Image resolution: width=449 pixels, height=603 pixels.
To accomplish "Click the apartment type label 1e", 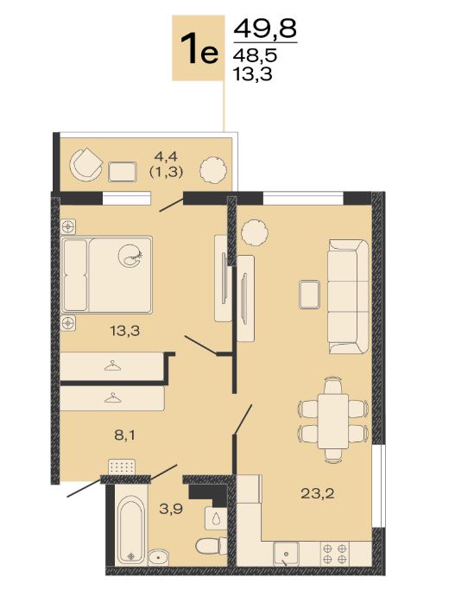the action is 199,49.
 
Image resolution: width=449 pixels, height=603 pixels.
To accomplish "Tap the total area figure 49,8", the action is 265,28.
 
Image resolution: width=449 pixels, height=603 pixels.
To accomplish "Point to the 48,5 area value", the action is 255,56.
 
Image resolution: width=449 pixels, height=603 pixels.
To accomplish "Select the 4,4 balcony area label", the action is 166,156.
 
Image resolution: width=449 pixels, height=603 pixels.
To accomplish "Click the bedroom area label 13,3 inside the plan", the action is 125,330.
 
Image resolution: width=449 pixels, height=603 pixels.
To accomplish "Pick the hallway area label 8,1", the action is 125,435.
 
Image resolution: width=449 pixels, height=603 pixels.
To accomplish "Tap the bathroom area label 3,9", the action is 171,509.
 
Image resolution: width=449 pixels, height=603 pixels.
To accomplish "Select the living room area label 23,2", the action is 318,493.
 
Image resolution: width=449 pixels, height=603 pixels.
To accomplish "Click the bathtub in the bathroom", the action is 131,531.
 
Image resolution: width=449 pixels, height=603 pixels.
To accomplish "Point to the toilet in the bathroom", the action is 212,545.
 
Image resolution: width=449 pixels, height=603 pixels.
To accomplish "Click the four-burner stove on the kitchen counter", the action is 335,554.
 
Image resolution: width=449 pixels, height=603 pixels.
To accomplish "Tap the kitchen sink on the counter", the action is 286,554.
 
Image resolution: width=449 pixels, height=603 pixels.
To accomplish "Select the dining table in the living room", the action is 333,421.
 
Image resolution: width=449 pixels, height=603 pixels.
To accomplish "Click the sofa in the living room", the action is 348,296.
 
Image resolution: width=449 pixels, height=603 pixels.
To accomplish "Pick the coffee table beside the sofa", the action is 309,295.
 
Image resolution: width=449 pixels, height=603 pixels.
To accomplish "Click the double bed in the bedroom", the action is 106,274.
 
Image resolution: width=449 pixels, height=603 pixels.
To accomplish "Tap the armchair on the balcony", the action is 85,165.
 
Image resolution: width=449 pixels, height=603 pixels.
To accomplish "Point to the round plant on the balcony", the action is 212,169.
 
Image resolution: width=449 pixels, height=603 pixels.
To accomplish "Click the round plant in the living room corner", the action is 255,232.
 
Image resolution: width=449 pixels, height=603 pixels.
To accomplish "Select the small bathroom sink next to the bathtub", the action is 158,555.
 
